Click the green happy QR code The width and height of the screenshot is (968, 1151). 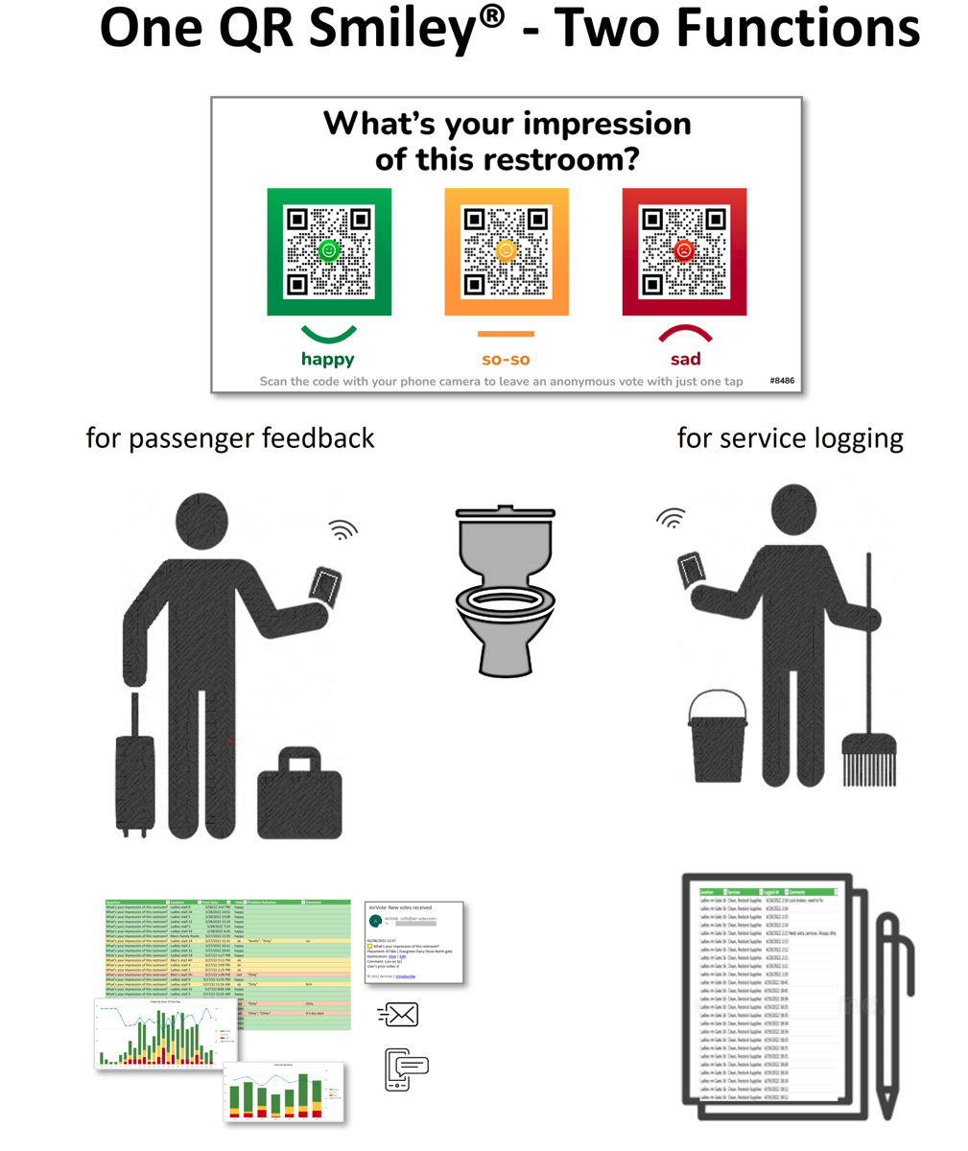point(329,251)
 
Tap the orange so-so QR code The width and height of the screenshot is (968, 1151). point(506,251)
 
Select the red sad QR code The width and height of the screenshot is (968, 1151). point(684,251)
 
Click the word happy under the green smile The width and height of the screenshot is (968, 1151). point(328,360)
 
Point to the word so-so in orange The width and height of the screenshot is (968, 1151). point(506,360)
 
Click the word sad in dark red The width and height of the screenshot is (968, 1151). point(685,360)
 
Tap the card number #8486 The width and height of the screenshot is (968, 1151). point(782,381)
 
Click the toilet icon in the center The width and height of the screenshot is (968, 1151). point(505,590)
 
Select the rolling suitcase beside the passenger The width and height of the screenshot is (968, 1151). point(134,777)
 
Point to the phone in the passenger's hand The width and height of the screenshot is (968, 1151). point(326,584)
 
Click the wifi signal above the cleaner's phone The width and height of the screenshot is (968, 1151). point(672,517)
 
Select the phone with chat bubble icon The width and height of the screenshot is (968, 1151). point(406,1069)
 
